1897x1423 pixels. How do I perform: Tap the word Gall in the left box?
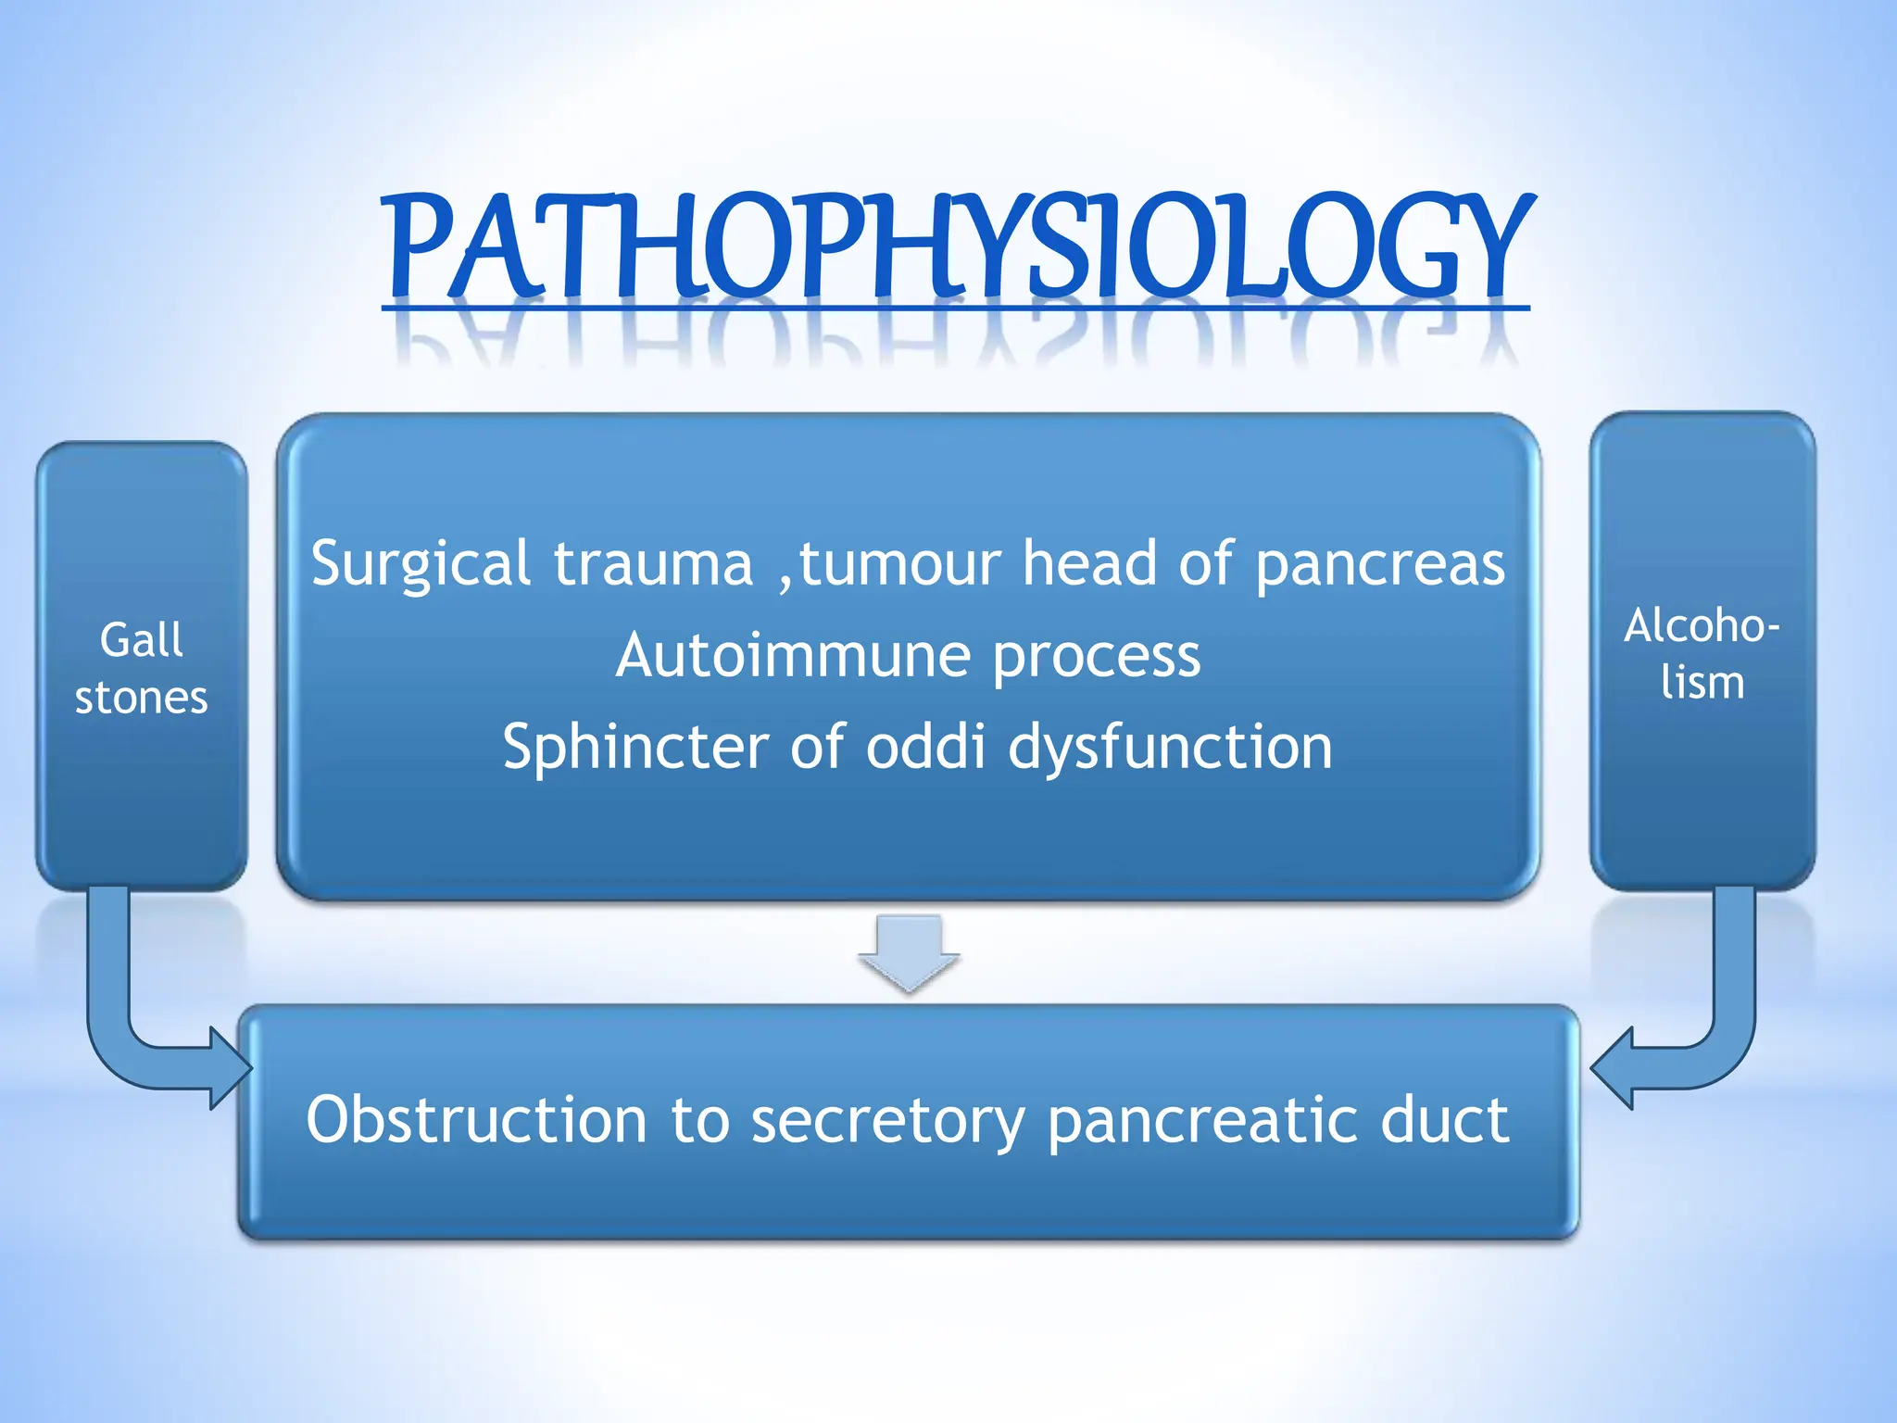click(141, 640)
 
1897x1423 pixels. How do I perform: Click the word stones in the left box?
click(141, 698)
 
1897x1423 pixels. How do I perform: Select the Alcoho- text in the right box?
click(1702, 625)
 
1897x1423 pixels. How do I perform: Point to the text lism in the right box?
click(1702, 683)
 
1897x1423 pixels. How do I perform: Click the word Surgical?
click(421, 563)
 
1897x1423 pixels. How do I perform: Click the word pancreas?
click(1380, 563)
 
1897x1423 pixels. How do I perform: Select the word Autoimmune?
click(793, 656)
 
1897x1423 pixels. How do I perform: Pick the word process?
click(1097, 656)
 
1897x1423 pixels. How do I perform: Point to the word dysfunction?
click(1169, 747)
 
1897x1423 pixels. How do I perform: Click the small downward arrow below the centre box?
click(909, 952)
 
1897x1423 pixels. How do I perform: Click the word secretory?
click(887, 1121)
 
